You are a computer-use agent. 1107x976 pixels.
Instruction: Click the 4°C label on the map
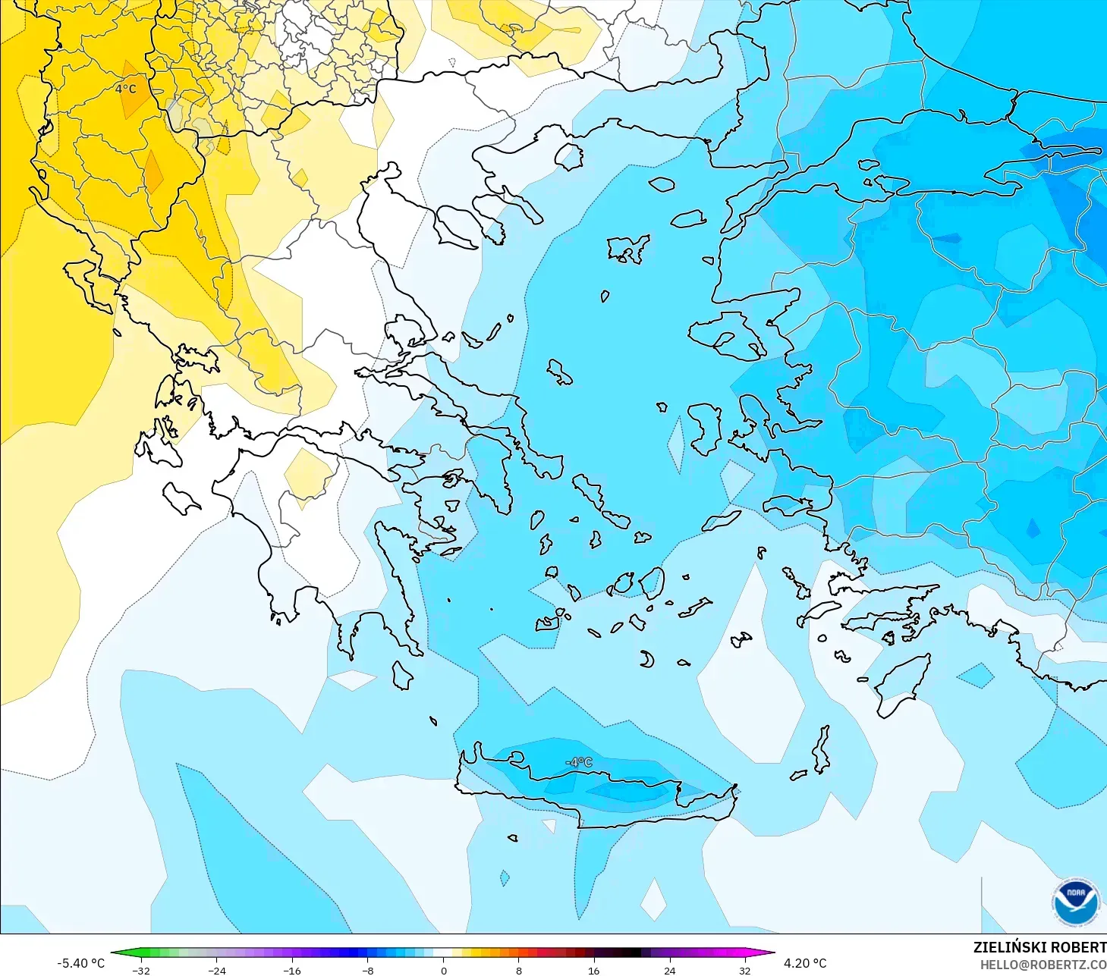126,89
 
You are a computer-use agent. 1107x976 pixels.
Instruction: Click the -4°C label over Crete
579,762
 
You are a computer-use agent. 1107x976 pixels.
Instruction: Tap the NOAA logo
1075,902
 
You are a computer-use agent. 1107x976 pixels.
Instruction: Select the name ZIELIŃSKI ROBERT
1039,947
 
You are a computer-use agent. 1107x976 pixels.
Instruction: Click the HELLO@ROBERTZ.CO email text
1043,965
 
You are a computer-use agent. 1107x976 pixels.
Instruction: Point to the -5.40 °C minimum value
81,963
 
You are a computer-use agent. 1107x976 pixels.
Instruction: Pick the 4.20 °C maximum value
805,963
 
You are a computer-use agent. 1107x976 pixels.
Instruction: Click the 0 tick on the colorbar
444,970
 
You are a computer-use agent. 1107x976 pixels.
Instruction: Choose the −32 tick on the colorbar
141,970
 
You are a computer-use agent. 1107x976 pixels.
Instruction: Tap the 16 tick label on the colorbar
593,970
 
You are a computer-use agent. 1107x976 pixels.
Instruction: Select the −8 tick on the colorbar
367,970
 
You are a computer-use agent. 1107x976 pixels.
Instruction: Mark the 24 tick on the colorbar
669,970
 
